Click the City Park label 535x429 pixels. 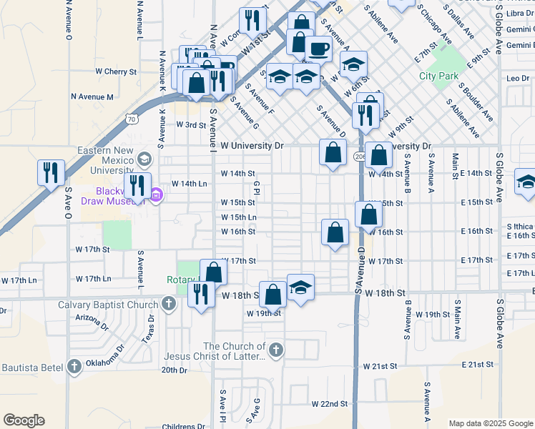point(438,76)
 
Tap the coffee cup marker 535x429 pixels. point(318,49)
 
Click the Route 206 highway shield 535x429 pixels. point(359,157)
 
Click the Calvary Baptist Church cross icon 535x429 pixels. point(168,305)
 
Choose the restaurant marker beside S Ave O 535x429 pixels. point(51,172)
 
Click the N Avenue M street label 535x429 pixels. point(92,97)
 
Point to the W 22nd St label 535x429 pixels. point(329,404)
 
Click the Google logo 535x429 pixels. point(24,420)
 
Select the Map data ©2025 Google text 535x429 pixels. point(490,423)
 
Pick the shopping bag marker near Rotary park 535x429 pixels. point(213,272)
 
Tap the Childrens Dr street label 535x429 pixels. point(185,426)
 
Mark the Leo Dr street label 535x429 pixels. point(518,78)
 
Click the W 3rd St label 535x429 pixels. point(191,125)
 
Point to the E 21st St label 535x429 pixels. point(478,365)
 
